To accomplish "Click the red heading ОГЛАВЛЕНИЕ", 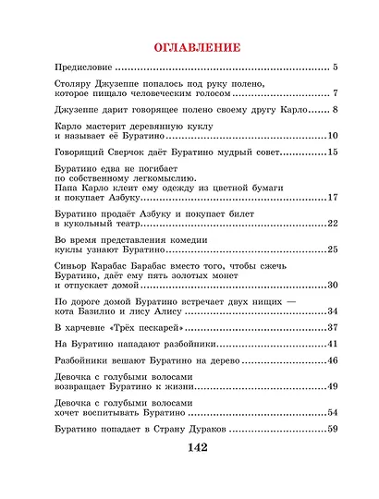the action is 190,46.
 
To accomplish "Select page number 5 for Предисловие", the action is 336,68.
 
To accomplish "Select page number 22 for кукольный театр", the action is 334,223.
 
